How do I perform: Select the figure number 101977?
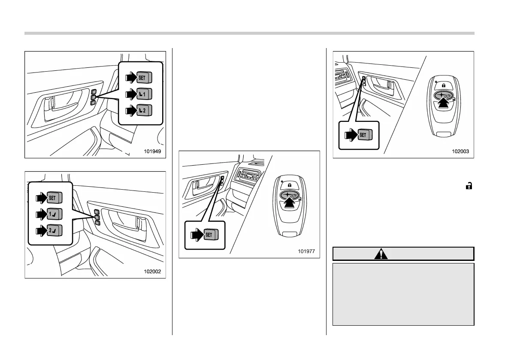click(308, 251)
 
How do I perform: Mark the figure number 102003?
click(461, 151)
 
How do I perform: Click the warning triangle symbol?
click(381, 254)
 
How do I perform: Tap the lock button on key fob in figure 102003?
click(444, 85)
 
